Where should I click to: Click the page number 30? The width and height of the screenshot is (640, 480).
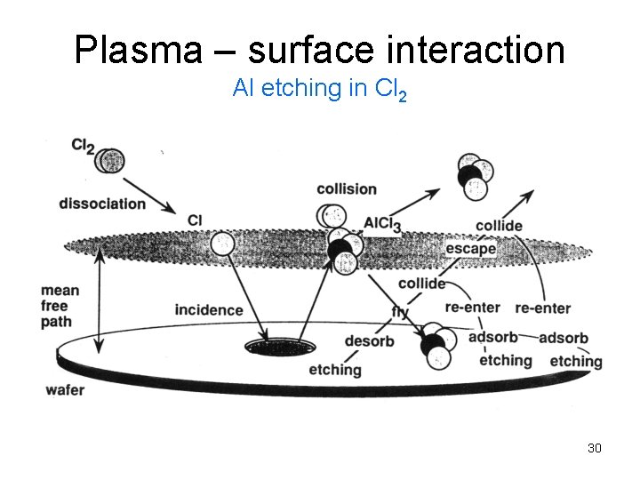(595, 448)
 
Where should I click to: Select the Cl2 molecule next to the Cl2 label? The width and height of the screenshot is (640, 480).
(109, 160)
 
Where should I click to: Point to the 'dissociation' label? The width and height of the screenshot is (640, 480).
(102, 204)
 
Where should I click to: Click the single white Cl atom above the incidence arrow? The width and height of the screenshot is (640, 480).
(223, 242)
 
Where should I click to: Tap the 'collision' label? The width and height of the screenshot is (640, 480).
(347, 189)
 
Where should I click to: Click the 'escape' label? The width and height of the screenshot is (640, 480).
(470, 249)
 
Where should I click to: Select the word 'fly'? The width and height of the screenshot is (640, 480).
(400, 312)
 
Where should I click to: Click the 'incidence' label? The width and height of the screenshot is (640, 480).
(209, 309)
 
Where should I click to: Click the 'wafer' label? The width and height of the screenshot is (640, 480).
(63, 388)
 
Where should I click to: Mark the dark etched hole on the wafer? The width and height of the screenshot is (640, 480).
(268, 346)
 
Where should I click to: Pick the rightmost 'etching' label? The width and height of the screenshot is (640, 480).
(575, 361)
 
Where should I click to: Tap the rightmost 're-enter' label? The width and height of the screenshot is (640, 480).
(542, 308)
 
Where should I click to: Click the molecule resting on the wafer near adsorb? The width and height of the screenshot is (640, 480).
(436, 344)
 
